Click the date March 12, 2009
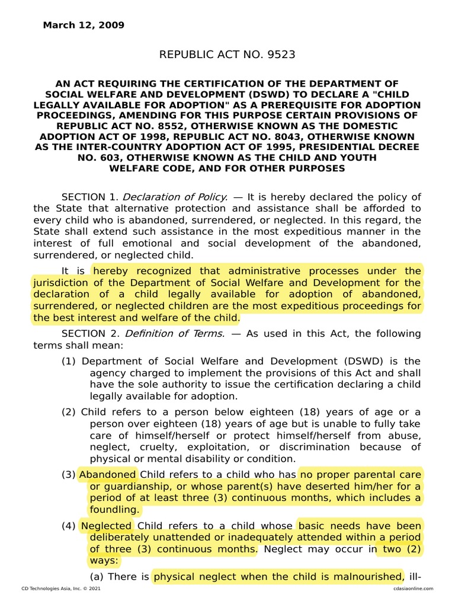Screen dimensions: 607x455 [84, 25]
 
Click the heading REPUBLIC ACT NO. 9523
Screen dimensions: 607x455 [227, 55]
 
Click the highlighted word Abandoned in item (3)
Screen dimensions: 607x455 [108, 475]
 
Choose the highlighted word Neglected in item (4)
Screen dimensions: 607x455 [107, 526]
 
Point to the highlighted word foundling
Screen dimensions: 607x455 [115, 509]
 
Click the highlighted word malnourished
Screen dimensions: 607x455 [368, 576]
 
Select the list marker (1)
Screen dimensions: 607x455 [69, 361]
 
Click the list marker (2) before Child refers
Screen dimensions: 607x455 [69, 412]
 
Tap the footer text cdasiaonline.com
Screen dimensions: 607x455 [413, 589]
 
